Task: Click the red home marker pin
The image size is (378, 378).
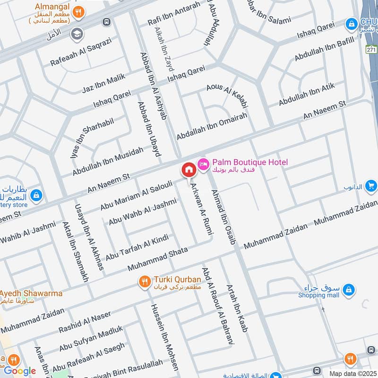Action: pos(189,170)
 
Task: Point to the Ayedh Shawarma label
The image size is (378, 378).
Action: pos(31,293)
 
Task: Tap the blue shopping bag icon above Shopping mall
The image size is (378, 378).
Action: pos(348,289)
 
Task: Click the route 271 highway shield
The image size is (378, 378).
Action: pos(371,50)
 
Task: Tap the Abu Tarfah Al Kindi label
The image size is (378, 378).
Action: pos(137,247)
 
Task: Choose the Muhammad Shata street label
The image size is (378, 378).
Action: pos(157,258)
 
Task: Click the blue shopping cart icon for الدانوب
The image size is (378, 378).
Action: pos(371,185)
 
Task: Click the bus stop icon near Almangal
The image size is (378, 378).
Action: pos(107,22)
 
